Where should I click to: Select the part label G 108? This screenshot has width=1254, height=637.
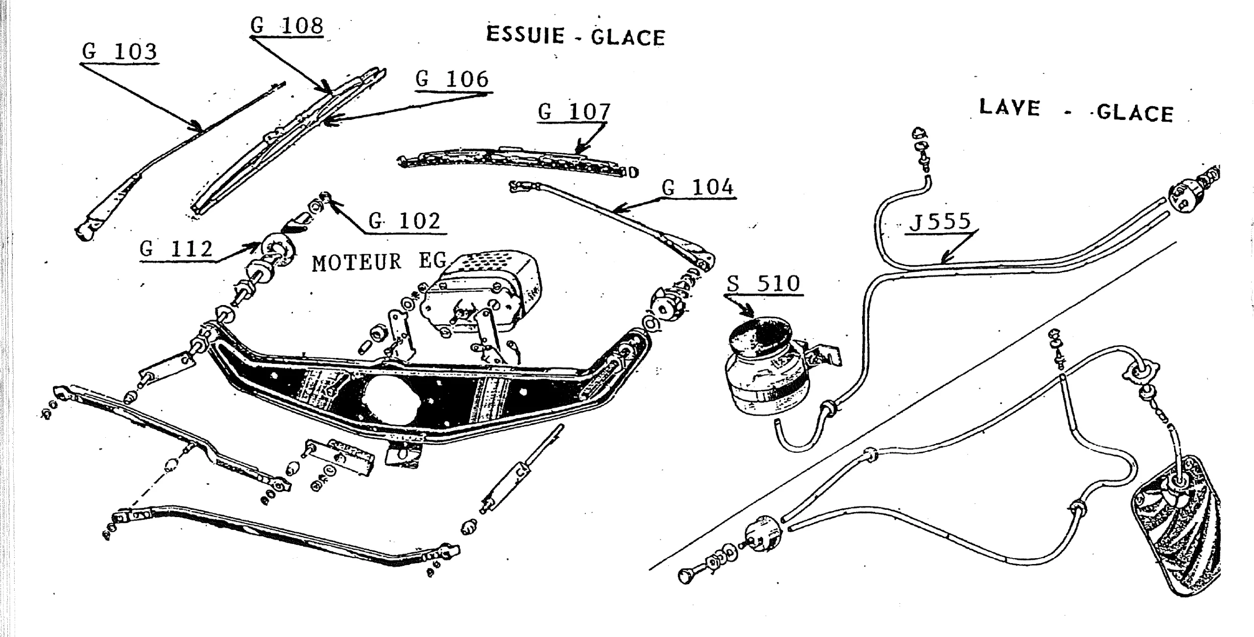pos(287,25)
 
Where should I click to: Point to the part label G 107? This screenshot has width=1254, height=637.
pos(574,112)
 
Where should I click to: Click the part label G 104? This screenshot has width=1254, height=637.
pos(698,188)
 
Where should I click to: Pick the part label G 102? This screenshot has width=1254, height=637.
pos(404,221)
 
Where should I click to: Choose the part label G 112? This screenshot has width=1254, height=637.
pos(176,249)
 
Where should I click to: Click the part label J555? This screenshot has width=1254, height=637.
pos(940,221)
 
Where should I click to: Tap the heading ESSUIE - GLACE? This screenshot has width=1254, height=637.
pos(576,36)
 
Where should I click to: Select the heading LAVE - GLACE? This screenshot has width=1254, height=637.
pos(1076,111)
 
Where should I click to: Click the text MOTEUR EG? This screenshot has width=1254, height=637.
pos(378,262)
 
